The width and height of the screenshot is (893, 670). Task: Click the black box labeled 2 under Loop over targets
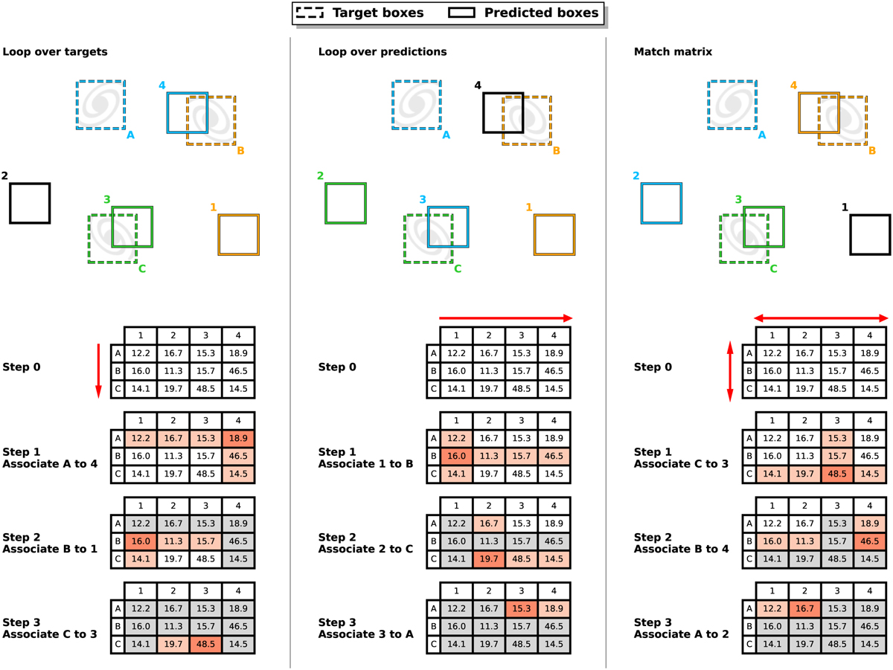30,203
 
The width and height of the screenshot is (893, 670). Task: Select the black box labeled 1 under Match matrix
870,235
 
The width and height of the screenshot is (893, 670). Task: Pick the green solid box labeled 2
346,203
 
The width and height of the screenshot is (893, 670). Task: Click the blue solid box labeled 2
662,203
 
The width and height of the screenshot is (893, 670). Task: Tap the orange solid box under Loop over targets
238,234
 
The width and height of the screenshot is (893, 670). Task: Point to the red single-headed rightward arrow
506,318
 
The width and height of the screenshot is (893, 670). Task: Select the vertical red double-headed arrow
730,370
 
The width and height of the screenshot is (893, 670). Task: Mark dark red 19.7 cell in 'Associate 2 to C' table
488,558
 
